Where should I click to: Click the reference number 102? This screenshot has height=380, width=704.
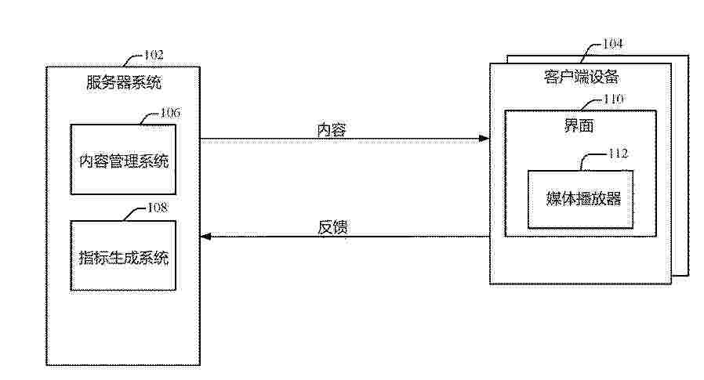pos(154,55)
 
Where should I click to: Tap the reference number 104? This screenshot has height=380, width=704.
pos(612,44)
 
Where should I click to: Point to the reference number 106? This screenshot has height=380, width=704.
pos(171,113)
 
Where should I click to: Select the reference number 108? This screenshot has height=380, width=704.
pos(158,208)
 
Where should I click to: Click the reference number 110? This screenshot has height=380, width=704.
pos(613,99)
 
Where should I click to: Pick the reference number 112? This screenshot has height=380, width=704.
pos(618,154)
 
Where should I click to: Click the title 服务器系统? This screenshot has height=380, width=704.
pos(123,82)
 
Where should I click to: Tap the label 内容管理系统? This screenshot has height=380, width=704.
pos(123,161)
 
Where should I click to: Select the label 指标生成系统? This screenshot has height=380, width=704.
pos(123,257)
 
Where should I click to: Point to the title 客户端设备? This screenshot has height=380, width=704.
pos(581,77)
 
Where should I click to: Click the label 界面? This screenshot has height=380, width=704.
pos(579,125)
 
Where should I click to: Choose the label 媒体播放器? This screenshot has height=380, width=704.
pos(583,198)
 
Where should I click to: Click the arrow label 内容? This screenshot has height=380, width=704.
pos(332,130)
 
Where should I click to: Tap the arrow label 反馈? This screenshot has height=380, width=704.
pos(332,227)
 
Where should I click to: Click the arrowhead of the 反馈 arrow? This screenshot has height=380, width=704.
pos(205,237)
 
